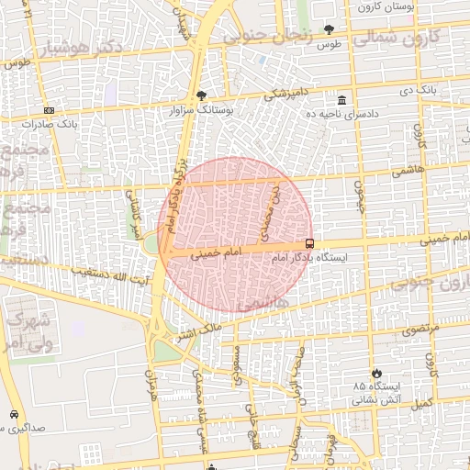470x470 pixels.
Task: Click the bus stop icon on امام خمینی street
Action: pos(309,244)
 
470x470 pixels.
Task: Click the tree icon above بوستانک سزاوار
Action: pos(202,95)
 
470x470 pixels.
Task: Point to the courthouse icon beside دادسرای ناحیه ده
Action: pos(341,99)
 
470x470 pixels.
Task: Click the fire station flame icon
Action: pos(375,372)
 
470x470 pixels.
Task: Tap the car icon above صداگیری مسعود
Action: pos(14,414)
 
